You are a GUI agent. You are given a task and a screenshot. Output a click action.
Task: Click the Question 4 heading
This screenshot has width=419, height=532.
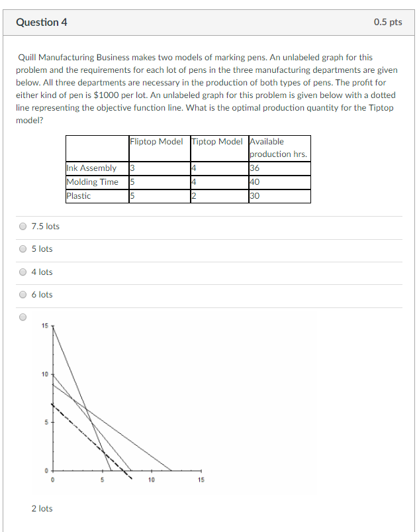(42, 22)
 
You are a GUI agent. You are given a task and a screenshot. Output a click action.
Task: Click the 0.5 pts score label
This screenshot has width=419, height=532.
(387, 22)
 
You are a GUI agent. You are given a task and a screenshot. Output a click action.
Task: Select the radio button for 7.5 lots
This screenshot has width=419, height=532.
(23, 227)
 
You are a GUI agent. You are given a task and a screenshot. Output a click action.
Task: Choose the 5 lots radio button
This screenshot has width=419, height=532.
(23, 249)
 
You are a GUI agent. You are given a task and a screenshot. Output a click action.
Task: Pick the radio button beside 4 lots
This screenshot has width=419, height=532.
(23, 272)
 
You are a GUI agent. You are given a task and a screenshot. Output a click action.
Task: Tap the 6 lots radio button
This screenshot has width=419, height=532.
(23, 295)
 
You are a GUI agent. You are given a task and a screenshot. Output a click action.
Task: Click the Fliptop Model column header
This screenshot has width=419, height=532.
(156, 141)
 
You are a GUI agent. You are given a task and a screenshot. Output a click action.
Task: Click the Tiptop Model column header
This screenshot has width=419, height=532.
(217, 141)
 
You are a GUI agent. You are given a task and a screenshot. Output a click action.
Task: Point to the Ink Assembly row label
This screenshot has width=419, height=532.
(91, 168)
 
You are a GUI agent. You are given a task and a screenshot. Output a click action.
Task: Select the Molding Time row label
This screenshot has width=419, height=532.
(93, 182)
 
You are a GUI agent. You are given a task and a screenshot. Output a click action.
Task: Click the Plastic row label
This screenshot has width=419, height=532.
(79, 196)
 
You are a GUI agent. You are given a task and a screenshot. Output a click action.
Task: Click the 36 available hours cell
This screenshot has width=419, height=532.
(255, 168)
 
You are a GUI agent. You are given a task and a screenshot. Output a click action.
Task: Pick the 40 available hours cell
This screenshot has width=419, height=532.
(255, 182)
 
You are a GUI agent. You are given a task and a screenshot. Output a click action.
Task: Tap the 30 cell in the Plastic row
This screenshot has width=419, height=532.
(255, 196)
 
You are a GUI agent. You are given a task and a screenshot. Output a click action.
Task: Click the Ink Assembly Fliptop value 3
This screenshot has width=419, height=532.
(132, 168)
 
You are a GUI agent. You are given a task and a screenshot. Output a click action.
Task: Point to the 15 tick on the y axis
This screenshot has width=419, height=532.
(44, 325)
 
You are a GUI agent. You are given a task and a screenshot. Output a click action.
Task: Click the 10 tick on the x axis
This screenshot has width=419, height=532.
(151, 479)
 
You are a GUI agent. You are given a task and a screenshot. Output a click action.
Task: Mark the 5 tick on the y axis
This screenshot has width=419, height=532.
(46, 422)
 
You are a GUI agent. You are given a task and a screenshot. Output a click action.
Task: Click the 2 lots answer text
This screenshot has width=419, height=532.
(42, 508)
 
